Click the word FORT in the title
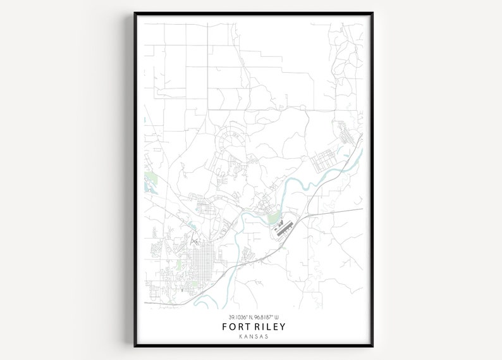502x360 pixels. point(236,327)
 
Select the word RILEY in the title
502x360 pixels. point(269,327)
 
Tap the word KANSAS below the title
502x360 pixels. point(254,337)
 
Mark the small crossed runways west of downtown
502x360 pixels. point(194,240)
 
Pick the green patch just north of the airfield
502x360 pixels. point(273,219)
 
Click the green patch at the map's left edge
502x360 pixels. point(149,180)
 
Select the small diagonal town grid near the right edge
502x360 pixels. point(346,133)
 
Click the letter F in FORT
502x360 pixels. point(226,327)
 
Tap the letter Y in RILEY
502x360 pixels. point(282,327)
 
